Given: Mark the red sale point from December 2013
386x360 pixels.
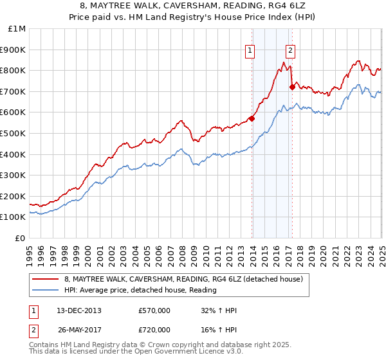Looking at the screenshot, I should (252, 118).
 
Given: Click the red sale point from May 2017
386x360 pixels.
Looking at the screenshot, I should (292, 87).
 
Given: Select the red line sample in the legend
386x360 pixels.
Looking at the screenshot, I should (46, 279).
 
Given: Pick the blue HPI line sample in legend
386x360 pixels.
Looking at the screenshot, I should (46, 290).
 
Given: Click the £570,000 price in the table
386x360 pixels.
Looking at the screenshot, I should (154, 310).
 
